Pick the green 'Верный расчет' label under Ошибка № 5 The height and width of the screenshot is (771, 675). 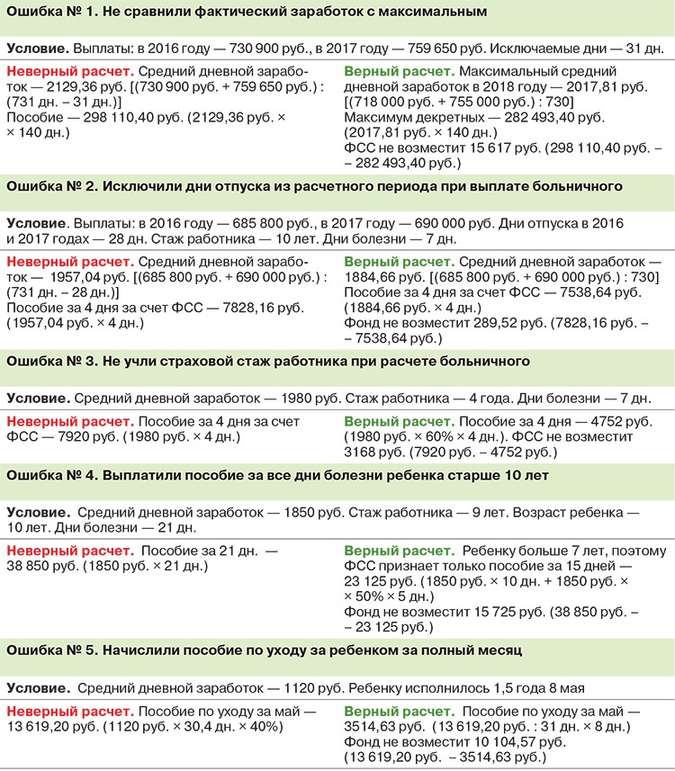398,711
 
